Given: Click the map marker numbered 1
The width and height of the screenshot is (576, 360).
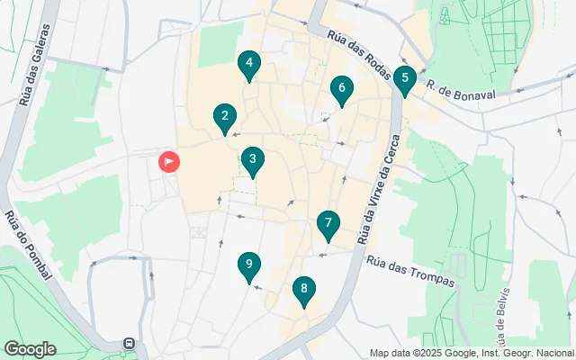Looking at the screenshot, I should [x=169, y=162].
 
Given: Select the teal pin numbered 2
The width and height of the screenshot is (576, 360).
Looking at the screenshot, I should [x=224, y=116].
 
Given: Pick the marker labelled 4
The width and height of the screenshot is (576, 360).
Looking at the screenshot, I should [x=248, y=64].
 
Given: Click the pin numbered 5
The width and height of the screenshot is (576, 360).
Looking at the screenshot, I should [x=405, y=78].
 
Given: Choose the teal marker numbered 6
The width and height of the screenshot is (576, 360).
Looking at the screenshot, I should [x=340, y=88].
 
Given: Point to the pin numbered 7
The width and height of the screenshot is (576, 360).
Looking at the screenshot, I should [x=328, y=224].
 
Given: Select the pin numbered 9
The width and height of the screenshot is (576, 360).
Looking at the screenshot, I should [x=248, y=265].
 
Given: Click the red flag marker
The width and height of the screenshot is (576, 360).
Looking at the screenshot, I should [x=169, y=162].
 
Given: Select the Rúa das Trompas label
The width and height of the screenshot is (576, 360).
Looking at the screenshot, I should [x=410, y=270].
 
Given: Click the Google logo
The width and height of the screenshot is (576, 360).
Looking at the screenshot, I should [x=30, y=349].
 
